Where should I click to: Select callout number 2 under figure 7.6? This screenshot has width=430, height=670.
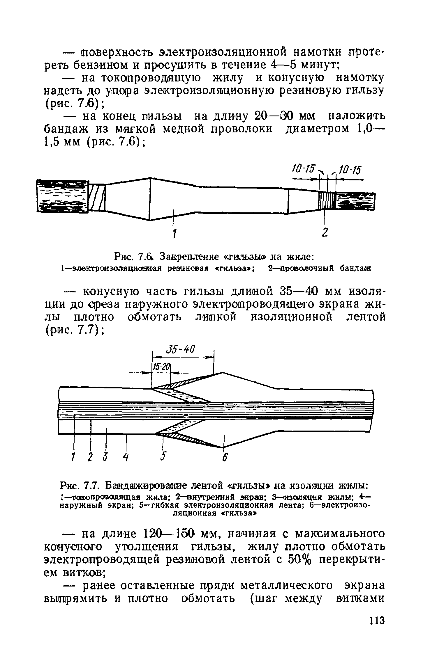(x=325, y=232)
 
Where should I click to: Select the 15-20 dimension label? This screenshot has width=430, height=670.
(x=161, y=367)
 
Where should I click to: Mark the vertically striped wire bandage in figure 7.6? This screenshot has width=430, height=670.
(x=327, y=200)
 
